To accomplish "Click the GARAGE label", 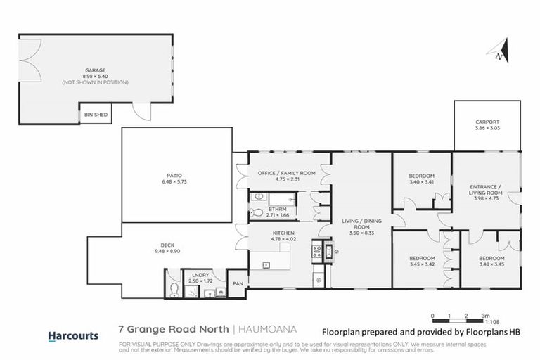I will [x=95, y=70].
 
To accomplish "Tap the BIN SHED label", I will [x=94, y=114].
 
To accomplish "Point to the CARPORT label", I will [x=487, y=122].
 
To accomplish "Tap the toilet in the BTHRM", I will [x=257, y=212].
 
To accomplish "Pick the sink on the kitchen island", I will [x=268, y=264].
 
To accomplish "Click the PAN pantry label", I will [x=238, y=283].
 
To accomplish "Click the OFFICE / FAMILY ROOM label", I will [x=276, y=172].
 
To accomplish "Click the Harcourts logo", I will [x=73, y=335].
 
